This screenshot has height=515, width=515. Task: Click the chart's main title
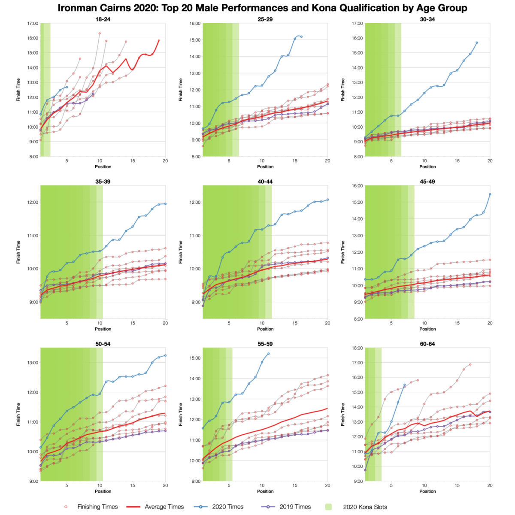[x=262, y=8]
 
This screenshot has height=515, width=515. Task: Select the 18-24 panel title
[x=103, y=19]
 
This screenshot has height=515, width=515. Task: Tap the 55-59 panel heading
[x=265, y=344]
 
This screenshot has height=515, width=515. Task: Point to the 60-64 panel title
[x=427, y=344]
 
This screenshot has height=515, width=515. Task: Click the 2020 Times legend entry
[x=227, y=507]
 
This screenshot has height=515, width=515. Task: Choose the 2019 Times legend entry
[x=295, y=507]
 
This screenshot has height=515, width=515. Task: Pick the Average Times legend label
[x=164, y=507]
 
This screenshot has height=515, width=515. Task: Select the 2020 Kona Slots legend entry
[x=365, y=507]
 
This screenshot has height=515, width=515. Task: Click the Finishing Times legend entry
[x=97, y=507]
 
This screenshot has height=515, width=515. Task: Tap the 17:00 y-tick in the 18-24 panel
[x=33, y=24]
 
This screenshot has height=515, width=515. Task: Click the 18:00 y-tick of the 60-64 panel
[x=357, y=348]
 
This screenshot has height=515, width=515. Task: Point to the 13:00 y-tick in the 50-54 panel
[x=33, y=363]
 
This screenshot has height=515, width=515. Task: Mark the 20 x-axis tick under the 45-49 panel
[x=490, y=323]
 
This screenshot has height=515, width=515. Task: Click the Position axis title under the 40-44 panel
[x=265, y=329]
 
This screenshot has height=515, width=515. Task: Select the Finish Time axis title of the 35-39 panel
[x=18, y=252]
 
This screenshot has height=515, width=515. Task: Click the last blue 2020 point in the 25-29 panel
[x=301, y=36]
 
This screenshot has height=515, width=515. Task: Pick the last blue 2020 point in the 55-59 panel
[x=269, y=354]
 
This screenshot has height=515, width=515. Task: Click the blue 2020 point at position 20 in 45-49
[x=490, y=194]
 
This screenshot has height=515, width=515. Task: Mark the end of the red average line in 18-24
[x=159, y=40]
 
